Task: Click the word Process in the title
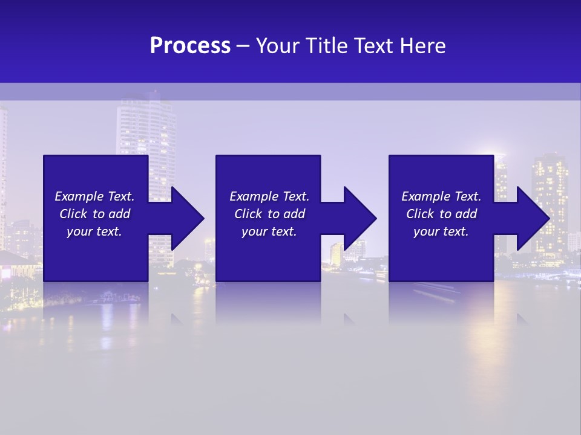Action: (x=190, y=46)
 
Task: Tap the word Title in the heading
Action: (x=326, y=46)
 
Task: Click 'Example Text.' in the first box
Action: (x=94, y=196)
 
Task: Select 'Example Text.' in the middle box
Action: (x=269, y=196)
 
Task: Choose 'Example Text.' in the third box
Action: (x=441, y=196)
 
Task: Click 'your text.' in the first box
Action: (x=94, y=231)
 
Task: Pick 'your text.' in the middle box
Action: (x=269, y=231)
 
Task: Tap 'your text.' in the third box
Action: (x=441, y=231)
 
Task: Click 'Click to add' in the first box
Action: (x=94, y=214)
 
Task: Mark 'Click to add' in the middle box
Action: (x=269, y=214)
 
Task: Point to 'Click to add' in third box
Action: (x=441, y=214)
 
